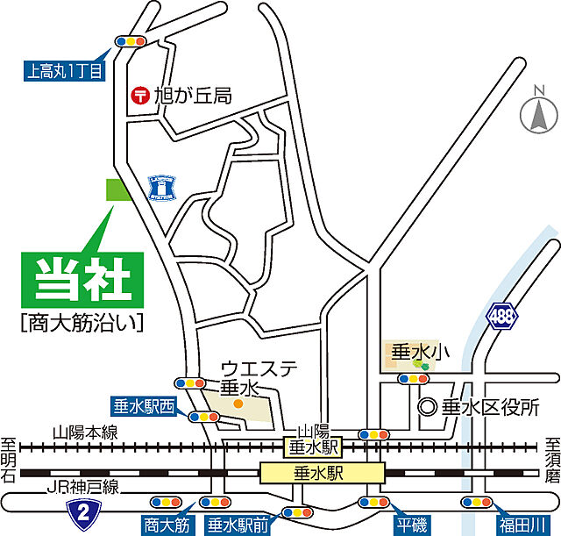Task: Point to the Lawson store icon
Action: (x=160, y=185)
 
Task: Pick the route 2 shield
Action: (x=82, y=511)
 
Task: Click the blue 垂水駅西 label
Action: (x=144, y=406)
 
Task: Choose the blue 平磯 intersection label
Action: (x=411, y=525)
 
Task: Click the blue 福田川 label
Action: (x=521, y=525)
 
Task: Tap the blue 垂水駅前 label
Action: (x=238, y=525)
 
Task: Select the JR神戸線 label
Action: (x=75, y=488)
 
